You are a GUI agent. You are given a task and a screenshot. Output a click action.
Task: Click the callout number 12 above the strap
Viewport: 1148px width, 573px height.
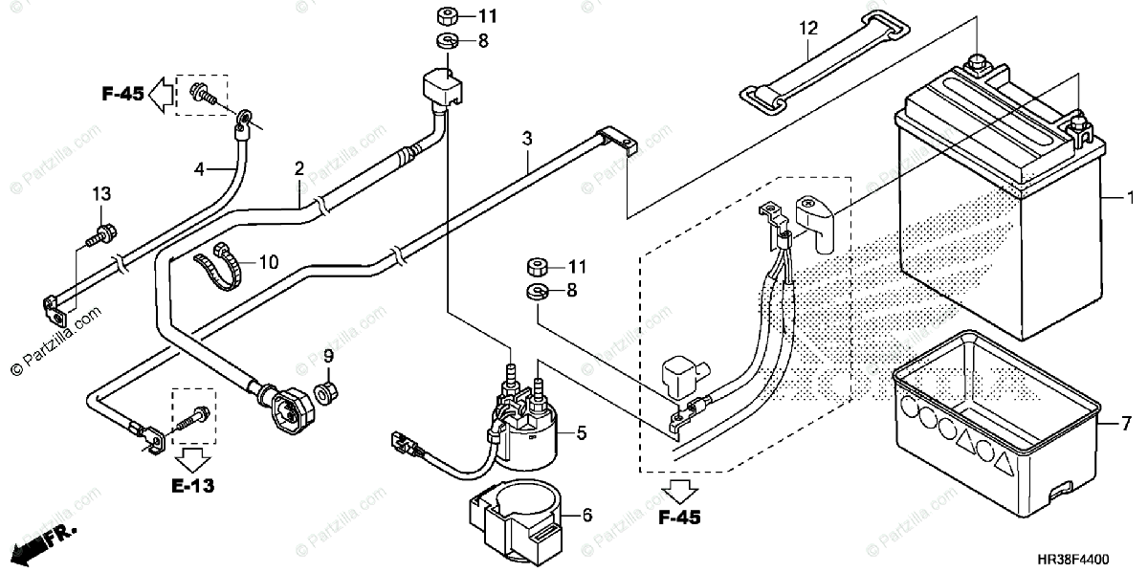pyautogui.click(x=808, y=28)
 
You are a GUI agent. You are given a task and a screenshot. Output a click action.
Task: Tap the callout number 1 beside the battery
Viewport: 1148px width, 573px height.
pyautogui.click(x=1130, y=197)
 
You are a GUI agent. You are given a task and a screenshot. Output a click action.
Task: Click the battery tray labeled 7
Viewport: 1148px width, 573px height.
pyautogui.click(x=996, y=423)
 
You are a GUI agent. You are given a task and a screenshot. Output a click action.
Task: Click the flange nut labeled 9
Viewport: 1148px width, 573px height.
pyautogui.click(x=326, y=393)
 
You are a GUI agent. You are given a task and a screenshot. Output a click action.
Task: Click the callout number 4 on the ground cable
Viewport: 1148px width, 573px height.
pyautogui.click(x=199, y=169)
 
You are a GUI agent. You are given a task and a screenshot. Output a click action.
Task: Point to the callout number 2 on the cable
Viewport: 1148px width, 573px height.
pyautogui.click(x=299, y=168)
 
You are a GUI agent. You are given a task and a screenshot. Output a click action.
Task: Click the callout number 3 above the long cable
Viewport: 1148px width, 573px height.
pyautogui.click(x=527, y=139)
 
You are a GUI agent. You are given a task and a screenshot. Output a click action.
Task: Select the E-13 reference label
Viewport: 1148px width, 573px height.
pyautogui.click(x=192, y=485)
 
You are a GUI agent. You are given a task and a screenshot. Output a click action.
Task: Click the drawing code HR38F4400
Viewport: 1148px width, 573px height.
pyautogui.click(x=1073, y=559)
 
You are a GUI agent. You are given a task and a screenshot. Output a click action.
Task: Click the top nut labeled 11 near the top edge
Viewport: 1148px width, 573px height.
pyautogui.click(x=448, y=15)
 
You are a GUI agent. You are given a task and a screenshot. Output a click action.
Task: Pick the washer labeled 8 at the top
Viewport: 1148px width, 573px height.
pyautogui.click(x=447, y=40)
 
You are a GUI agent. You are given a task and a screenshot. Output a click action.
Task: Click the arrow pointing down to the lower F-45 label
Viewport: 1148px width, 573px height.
pyautogui.click(x=679, y=492)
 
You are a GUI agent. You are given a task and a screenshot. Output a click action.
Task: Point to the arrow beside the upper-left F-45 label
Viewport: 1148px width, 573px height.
pyautogui.click(x=160, y=95)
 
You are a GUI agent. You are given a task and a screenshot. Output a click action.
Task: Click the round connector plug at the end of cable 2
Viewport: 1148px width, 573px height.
pyautogui.click(x=290, y=410)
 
